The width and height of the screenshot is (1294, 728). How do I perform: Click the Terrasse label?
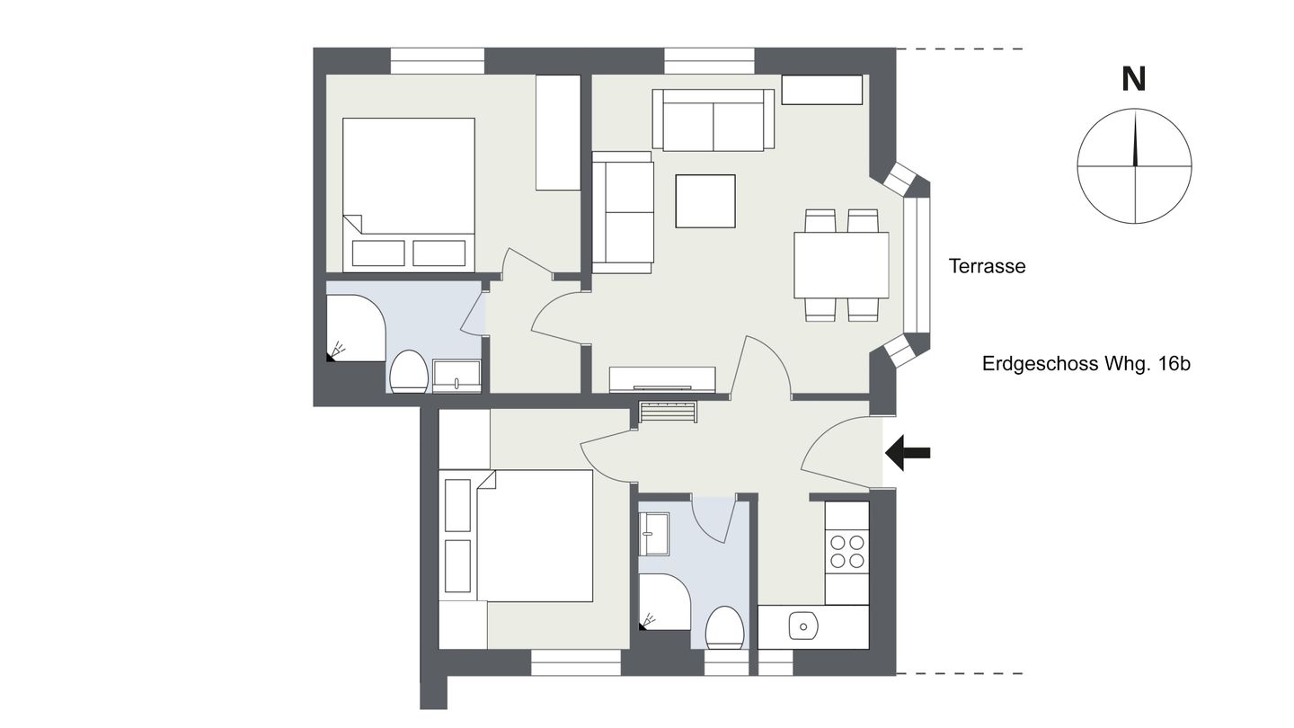point(987,266)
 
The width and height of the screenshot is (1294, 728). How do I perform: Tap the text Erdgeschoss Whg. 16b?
point(1086,364)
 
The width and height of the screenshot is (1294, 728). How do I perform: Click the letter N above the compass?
point(1133,80)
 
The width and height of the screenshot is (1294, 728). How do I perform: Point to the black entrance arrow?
point(908,453)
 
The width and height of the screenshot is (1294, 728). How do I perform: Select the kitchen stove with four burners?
point(846,552)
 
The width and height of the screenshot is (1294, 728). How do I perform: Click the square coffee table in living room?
point(705,201)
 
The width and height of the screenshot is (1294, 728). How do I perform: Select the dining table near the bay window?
point(842,264)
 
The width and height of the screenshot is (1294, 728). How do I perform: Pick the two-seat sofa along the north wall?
point(713,120)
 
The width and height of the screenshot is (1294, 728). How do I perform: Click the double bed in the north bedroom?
point(409,195)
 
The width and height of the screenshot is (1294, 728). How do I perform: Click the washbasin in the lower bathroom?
point(654,534)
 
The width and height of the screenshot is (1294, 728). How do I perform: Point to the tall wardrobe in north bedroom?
point(558,132)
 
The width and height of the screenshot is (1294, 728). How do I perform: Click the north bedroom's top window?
point(438,61)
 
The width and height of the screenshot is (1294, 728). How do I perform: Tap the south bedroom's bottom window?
point(576,662)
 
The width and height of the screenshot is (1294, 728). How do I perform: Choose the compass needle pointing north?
point(1135,138)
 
